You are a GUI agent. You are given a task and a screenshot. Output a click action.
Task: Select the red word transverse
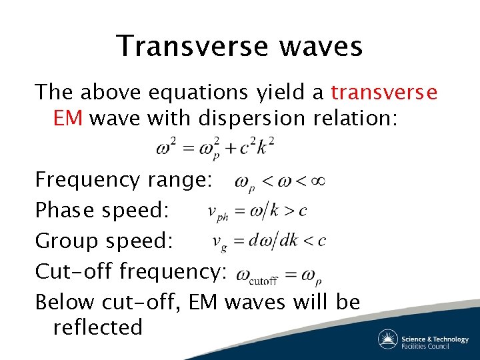(x=384, y=91)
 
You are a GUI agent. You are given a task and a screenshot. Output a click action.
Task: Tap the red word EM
(x=67, y=118)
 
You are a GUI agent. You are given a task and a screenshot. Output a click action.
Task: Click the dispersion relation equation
(x=215, y=147)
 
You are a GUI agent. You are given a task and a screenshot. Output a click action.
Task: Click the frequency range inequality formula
(x=278, y=181)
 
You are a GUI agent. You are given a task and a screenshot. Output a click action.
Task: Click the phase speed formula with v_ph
(x=257, y=211)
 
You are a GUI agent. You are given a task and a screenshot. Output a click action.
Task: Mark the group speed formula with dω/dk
(x=269, y=241)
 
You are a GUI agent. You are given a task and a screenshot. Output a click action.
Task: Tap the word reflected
(x=97, y=327)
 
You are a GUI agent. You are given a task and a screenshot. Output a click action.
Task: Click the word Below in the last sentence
(x=65, y=302)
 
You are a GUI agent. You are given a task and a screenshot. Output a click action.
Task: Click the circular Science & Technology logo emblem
(x=388, y=339)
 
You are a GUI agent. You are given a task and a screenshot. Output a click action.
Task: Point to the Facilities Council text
(x=434, y=346)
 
